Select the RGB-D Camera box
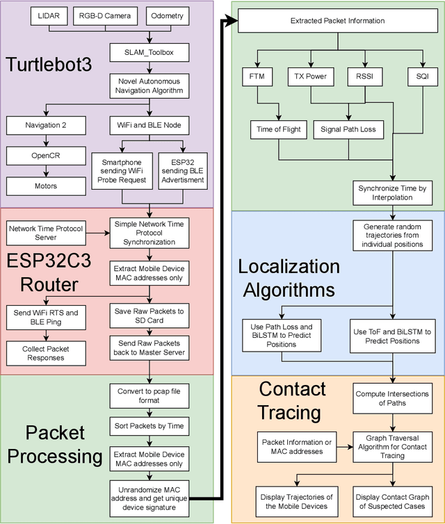[106, 15]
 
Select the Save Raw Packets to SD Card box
[149, 316]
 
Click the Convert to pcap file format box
[149, 395]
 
